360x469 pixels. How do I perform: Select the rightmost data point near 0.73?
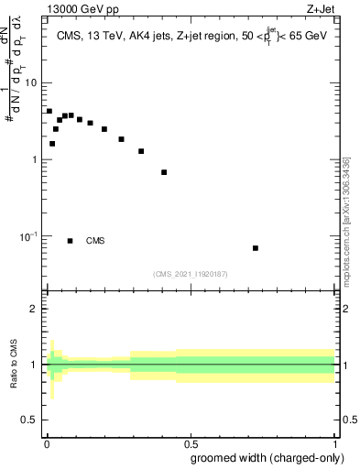click(256, 248)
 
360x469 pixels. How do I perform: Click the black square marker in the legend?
click(71, 241)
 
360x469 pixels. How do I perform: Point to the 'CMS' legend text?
click(95, 241)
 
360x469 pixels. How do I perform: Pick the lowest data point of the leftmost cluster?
click(52, 144)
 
